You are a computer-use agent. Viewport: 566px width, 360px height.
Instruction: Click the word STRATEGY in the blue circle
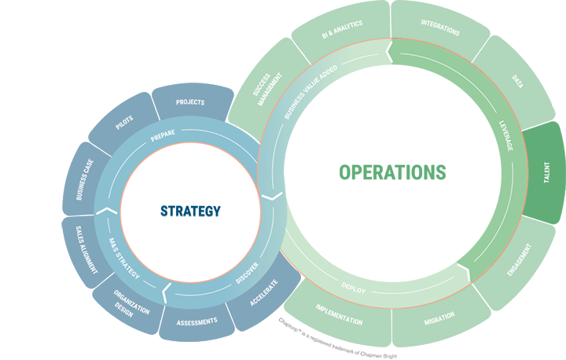pos(190,211)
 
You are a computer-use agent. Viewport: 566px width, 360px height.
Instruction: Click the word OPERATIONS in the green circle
pos(392,172)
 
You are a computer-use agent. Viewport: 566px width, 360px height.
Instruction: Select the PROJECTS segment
pos(190,102)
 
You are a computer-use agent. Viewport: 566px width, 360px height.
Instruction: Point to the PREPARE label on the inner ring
pos(163,133)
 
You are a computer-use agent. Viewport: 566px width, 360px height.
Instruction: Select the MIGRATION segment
pos(439,322)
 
